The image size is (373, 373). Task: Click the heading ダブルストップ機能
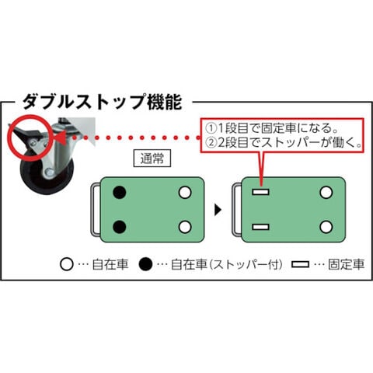pos(103,102)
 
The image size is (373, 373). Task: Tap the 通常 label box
pos(152,158)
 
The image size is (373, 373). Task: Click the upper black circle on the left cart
pos(120,193)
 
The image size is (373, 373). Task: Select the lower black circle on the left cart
pos(120,227)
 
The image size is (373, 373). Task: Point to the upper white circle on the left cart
pos(185,193)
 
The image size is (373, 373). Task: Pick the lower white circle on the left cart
pos(185,227)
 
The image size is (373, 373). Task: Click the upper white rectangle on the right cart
pos(260,192)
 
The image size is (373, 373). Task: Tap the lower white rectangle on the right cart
pos(260,227)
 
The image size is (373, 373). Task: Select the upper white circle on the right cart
pos(326,193)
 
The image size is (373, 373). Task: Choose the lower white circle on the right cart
pos(326,227)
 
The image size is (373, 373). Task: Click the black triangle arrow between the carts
pos(218,210)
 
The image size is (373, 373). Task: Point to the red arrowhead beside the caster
pos(61,138)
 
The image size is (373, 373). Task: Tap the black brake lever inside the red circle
pos(26,132)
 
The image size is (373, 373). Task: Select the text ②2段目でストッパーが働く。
pos(284,142)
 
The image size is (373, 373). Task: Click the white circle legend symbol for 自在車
pos(66,264)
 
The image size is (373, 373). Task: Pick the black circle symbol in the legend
pos(145,264)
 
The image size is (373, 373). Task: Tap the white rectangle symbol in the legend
pos(300,264)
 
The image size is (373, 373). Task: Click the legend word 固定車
pos(347,264)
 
